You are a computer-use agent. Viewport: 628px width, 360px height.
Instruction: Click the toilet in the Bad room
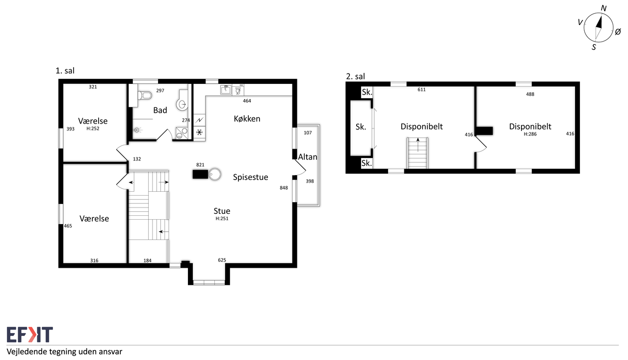pos(145,95)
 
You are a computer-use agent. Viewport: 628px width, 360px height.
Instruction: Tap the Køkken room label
pos(247,119)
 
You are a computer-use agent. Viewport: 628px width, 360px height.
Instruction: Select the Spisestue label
pos(250,177)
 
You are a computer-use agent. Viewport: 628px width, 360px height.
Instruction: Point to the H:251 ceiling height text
pos(222,219)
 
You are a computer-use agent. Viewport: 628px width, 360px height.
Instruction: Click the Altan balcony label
pos(308,157)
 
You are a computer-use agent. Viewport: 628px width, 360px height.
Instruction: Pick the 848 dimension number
pos(284,188)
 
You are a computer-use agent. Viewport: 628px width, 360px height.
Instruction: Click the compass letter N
pos(603,8)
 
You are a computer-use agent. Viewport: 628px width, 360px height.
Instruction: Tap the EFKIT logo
pos(30,334)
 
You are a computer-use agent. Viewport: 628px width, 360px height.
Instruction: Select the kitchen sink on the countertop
pos(226,90)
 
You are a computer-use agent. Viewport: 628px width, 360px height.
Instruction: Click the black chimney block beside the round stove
pos(200,175)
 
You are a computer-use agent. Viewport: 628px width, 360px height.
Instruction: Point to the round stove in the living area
pos(215,175)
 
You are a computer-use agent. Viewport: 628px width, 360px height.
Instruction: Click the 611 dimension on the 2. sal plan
pos(421,90)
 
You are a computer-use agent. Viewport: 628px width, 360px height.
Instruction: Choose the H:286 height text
pos(530,134)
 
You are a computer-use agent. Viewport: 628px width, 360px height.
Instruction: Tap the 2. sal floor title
pos(356,76)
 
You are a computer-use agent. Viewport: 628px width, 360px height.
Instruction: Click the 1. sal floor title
pos(65,71)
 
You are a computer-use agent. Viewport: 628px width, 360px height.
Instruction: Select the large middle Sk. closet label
pos(361,127)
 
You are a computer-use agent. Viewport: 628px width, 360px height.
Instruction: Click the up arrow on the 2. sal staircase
pos(418,145)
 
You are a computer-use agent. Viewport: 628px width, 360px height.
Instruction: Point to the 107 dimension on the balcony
pos(308,133)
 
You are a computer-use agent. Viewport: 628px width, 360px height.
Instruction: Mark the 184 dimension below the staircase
pos(148,261)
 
